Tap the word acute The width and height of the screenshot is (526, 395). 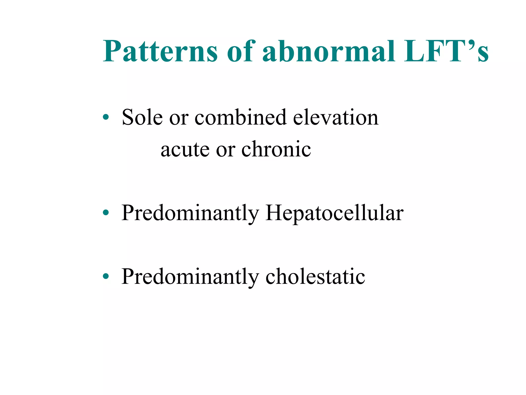185,150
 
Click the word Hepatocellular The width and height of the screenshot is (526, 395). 334,213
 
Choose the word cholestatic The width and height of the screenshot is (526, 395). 315,277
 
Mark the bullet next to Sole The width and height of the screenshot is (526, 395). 106,118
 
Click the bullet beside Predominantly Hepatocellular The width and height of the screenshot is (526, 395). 106,213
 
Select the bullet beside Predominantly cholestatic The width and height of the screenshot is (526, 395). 106,276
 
